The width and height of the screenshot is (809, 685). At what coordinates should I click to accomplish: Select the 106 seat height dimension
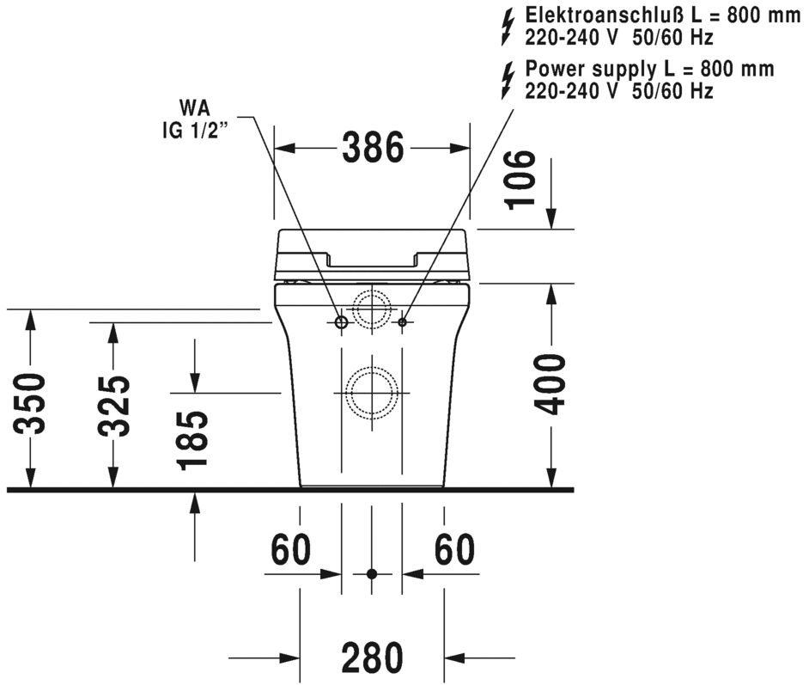click(x=520, y=179)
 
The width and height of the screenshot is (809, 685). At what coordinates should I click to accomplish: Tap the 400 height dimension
click(x=549, y=383)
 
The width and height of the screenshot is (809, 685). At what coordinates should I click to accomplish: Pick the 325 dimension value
click(x=113, y=405)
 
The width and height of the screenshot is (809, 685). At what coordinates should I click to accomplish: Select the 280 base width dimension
click(x=372, y=657)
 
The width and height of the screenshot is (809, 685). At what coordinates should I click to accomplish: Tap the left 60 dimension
click(x=291, y=549)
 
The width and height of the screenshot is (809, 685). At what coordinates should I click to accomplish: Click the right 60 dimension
click(x=454, y=549)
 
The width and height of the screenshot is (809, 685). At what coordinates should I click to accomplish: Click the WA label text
click(x=194, y=108)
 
